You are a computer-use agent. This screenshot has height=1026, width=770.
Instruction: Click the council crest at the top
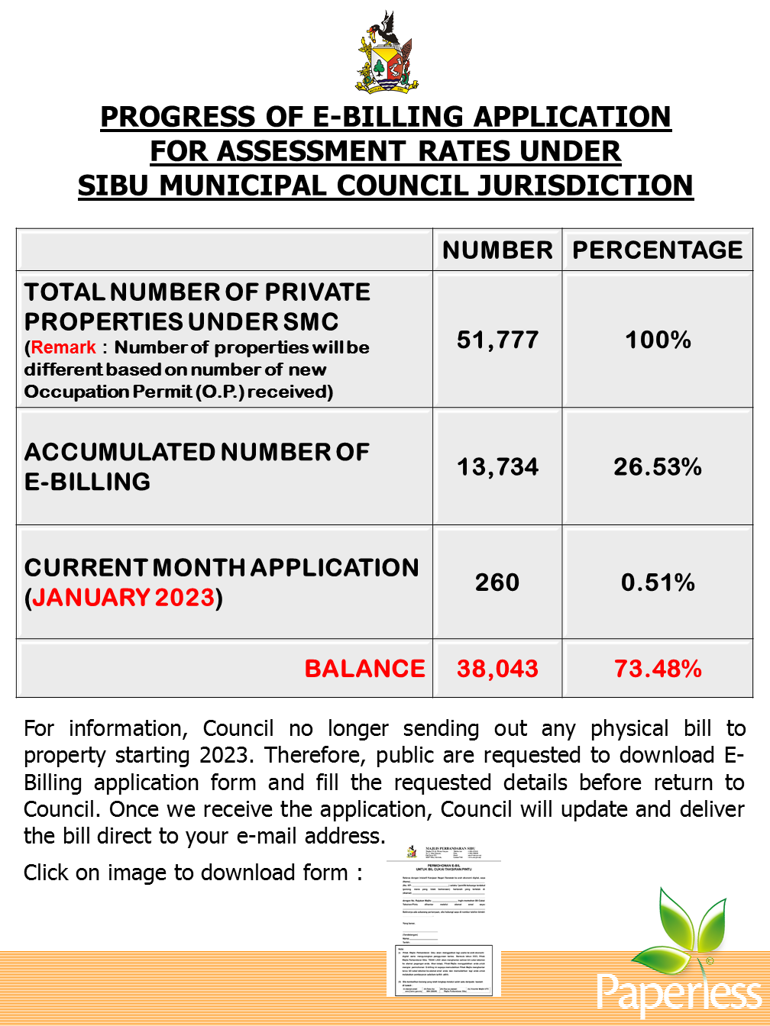pos(387,53)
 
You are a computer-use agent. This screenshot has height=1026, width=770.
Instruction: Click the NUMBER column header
pos(497,250)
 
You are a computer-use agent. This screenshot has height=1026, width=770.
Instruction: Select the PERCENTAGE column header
pos(658,250)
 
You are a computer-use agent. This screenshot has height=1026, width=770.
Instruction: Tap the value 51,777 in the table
pos(497,340)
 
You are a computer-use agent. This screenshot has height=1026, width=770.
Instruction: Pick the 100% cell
pos(658,340)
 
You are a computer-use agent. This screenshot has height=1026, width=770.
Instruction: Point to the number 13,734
pos(497,466)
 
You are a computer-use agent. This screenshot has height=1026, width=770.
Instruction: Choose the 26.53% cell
pos(658,466)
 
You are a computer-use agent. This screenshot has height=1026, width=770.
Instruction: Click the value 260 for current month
pos(497,582)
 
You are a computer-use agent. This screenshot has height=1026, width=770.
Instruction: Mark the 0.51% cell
pos(658,582)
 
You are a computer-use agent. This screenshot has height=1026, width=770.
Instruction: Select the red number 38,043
pos(497,669)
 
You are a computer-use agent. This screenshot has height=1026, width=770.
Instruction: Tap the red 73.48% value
pos(658,669)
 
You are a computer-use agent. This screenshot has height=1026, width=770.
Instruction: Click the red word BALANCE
pos(364,669)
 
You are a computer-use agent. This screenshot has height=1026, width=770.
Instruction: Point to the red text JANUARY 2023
pos(123,597)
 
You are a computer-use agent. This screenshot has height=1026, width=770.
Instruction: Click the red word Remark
pos(63,347)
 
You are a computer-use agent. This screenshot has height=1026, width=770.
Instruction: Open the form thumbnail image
pos(443,919)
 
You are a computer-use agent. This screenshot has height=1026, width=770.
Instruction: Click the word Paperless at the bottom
pos(679,992)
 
